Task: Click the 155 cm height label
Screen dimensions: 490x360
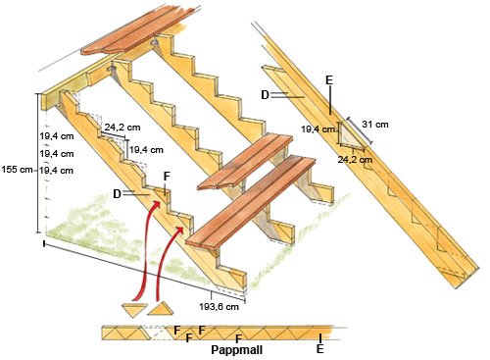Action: pos(17,170)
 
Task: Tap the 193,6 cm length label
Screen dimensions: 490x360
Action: pos(219,307)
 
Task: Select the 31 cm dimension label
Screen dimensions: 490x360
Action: pos(375,125)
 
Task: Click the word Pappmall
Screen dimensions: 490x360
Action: pos(237,350)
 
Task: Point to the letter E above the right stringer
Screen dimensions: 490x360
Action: pos(329,79)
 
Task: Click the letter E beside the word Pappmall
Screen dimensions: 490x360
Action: pos(320,349)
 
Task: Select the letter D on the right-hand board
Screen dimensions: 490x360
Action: pos(266,95)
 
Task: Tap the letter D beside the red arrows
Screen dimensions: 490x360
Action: pos(117,194)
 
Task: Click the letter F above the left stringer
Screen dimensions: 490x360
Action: pos(167,177)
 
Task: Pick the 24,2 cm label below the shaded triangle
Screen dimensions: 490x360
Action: pos(355,160)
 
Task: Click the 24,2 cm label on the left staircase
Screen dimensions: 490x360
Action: pos(122,127)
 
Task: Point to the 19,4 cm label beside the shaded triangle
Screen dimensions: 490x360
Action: pos(318,129)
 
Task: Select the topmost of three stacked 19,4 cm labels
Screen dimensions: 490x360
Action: pos(57,136)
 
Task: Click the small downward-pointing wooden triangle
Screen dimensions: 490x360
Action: pos(134,309)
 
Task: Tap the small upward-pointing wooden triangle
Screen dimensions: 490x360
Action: pos(160,309)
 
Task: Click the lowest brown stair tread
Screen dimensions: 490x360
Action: pos(250,204)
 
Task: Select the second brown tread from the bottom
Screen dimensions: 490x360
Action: pos(245,161)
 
